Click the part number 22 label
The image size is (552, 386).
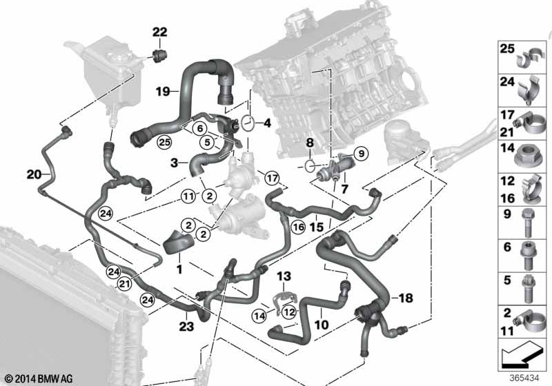(x=159, y=32)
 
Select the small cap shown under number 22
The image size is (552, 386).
(x=159, y=56)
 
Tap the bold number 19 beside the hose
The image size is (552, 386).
(x=163, y=92)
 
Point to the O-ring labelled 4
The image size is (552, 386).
(x=248, y=123)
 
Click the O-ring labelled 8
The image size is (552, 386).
(x=309, y=165)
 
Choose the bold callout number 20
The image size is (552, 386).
(x=34, y=174)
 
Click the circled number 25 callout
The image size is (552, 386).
(x=164, y=143)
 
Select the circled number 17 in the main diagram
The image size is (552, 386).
(x=272, y=179)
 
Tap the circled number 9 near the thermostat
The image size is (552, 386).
(x=361, y=153)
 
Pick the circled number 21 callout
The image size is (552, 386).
(x=124, y=284)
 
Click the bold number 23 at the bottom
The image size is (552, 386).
(x=186, y=327)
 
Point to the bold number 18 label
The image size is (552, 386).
(x=406, y=298)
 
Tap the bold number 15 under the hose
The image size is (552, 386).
(x=316, y=227)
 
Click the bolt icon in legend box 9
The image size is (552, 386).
(x=527, y=223)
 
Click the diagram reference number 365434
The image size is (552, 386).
(x=524, y=378)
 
